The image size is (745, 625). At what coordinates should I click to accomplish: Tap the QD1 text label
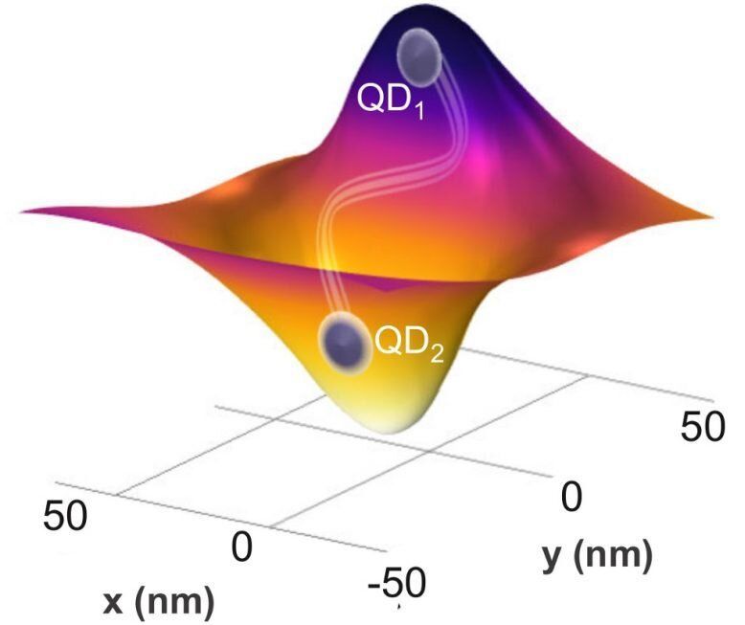[x=391, y=100]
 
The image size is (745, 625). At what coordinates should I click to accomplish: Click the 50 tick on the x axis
[x=65, y=514]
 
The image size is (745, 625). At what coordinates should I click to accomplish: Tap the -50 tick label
[x=395, y=583]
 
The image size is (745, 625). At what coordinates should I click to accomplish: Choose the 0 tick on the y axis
[x=571, y=497]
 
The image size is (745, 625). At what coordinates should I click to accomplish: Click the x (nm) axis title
[x=159, y=601]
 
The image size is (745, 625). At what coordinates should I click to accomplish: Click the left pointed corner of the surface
[x=21, y=210]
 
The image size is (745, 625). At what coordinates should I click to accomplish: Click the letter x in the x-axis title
[x=115, y=602]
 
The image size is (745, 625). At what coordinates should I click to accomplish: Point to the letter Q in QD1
[x=371, y=99]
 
